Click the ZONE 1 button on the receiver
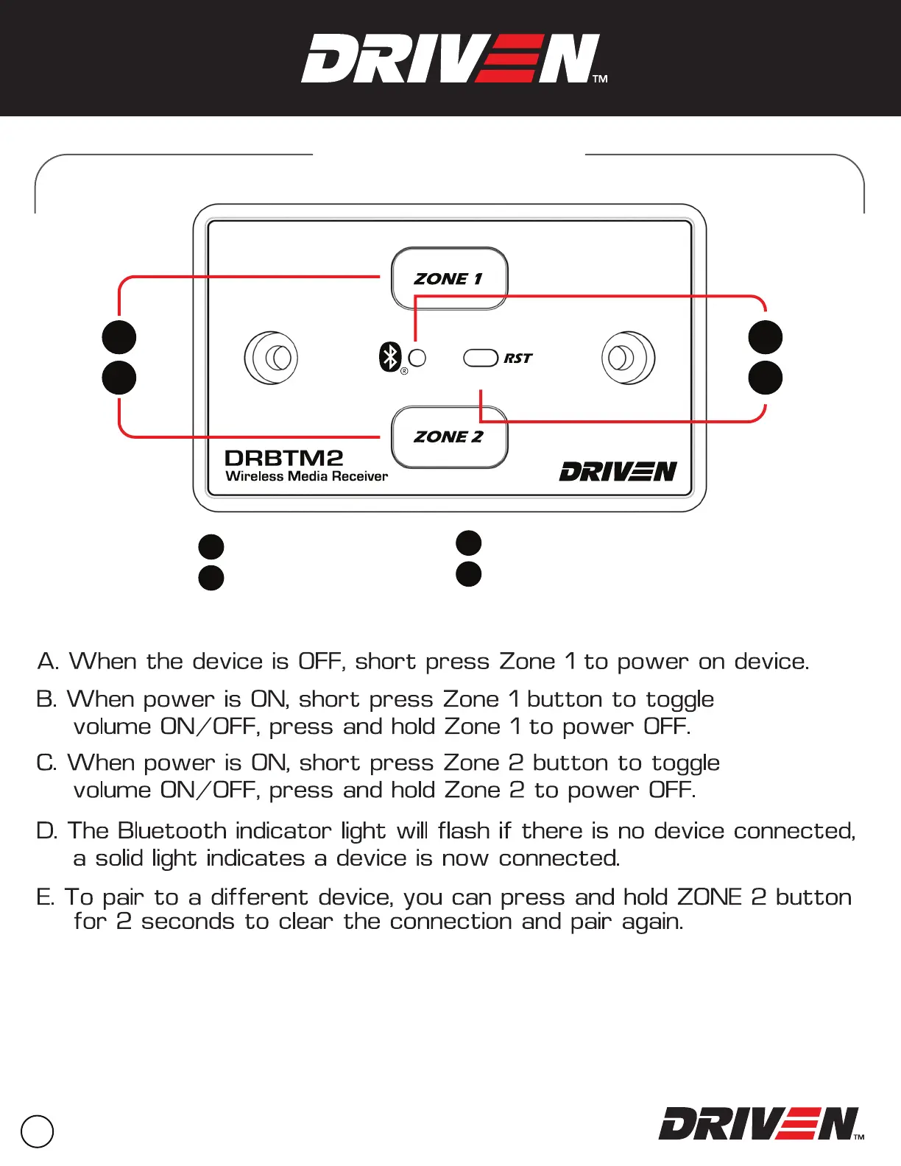point(449,278)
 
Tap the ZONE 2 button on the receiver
point(449,437)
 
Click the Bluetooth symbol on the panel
point(390,358)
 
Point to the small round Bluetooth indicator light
point(417,358)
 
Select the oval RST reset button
point(481,358)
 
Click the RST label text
point(517,358)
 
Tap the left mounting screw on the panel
point(271,358)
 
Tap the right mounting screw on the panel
point(628,358)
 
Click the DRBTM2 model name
point(283,458)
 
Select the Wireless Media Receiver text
point(306,476)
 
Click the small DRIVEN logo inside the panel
point(618,471)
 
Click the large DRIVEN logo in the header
point(451,59)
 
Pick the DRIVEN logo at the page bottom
point(758,1124)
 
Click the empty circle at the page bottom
point(38,1131)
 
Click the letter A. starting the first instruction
point(47,662)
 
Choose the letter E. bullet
point(45,897)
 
